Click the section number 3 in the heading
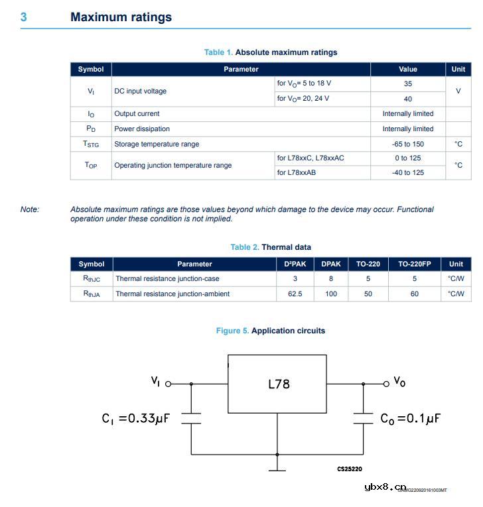tap(23, 17)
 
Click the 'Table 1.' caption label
tap(218, 52)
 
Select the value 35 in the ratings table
tap(407, 84)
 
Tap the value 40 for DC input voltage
tap(407, 99)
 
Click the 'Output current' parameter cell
tap(137, 114)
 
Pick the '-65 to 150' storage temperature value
tap(407, 144)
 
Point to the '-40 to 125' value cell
tap(407, 172)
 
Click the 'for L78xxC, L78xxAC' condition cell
tap(310, 158)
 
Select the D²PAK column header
tap(295, 264)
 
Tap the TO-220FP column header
tap(414, 264)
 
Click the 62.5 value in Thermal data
tap(295, 294)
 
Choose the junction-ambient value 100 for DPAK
tap(331, 294)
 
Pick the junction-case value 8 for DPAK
tap(331, 279)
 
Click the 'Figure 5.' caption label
tap(232, 331)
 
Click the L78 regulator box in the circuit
tap(277, 384)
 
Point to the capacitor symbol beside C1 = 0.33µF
tap(191, 418)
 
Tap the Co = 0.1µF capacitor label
tap(411, 419)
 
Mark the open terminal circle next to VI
tap(168, 384)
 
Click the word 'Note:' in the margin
tap(30, 209)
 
